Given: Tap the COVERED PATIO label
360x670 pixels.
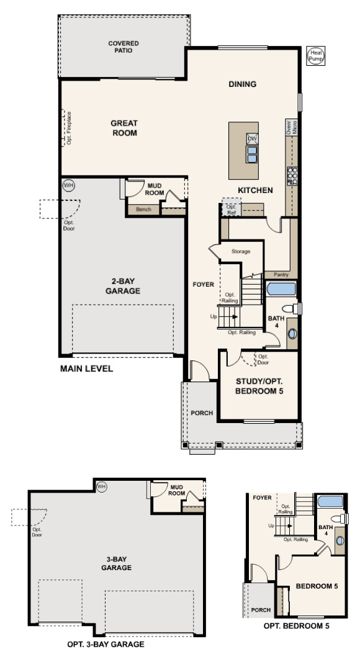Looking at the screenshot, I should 124,47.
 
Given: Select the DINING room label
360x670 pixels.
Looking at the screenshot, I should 242,84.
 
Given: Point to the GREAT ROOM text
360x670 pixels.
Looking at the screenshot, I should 124,128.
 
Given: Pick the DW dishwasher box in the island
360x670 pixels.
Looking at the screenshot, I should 252,138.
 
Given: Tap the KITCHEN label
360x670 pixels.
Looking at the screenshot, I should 254,190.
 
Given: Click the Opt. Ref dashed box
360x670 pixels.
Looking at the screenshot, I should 232,208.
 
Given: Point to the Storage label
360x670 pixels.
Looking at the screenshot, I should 241,251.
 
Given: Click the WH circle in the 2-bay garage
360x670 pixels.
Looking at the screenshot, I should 68,185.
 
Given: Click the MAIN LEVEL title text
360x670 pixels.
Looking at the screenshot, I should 86,368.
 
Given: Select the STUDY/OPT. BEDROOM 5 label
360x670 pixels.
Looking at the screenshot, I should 259,385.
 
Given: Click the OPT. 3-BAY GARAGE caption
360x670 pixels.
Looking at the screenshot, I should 106,645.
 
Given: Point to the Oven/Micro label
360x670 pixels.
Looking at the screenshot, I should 290,128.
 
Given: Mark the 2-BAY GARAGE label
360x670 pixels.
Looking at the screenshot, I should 122,285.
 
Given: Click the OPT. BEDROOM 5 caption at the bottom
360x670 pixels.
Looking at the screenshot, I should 296,626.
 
